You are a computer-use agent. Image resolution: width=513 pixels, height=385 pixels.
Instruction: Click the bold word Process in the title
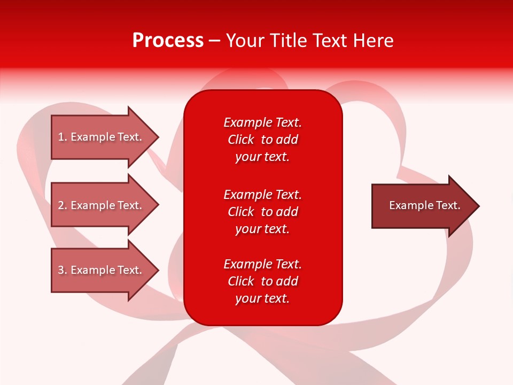tap(168, 41)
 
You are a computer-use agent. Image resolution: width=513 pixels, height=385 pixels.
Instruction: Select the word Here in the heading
tap(374, 41)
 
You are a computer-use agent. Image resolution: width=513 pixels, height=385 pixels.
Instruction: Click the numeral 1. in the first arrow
tap(63, 137)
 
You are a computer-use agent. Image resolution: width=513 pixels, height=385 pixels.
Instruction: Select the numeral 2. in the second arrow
tap(63, 205)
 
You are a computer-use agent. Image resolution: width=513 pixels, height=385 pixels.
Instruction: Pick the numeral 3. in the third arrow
tap(63, 270)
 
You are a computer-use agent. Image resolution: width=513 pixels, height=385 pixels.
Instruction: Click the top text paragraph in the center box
tap(262, 140)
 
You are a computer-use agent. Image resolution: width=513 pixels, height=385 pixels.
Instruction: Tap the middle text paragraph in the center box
tap(262, 212)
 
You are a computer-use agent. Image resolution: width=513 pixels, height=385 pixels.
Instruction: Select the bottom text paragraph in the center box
tap(262, 281)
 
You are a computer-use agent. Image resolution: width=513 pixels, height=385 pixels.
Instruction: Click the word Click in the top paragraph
tap(241, 140)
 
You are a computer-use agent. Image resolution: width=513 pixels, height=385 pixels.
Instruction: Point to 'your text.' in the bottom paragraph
tap(262, 298)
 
